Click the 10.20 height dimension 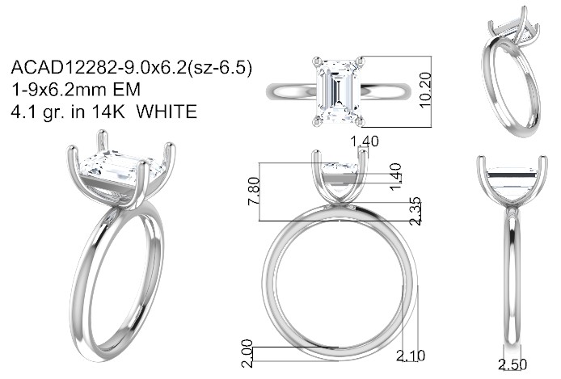pos(425,90)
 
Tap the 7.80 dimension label pos(254,191)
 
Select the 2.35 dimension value pos(415,211)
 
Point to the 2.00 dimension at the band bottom pos(247,354)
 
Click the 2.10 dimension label pos(411,356)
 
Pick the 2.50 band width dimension pos(512,364)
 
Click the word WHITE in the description pos(167,112)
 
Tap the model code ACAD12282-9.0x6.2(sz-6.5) pos(131,67)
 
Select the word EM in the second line pos(127,90)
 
